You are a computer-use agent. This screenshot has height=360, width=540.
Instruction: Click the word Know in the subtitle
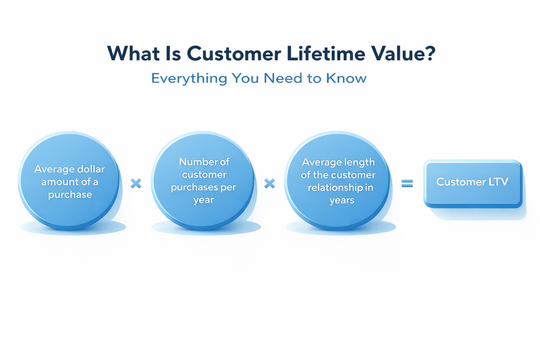click(x=349, y=78)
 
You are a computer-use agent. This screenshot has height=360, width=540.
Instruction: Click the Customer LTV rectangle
click(x=473, y=182)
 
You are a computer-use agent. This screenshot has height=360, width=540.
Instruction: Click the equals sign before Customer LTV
click(x=407, y=182)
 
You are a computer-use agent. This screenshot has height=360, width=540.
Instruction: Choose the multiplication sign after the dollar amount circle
click(x=135, y=183)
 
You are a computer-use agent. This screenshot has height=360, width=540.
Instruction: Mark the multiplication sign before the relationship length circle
click(x=270, y=183)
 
